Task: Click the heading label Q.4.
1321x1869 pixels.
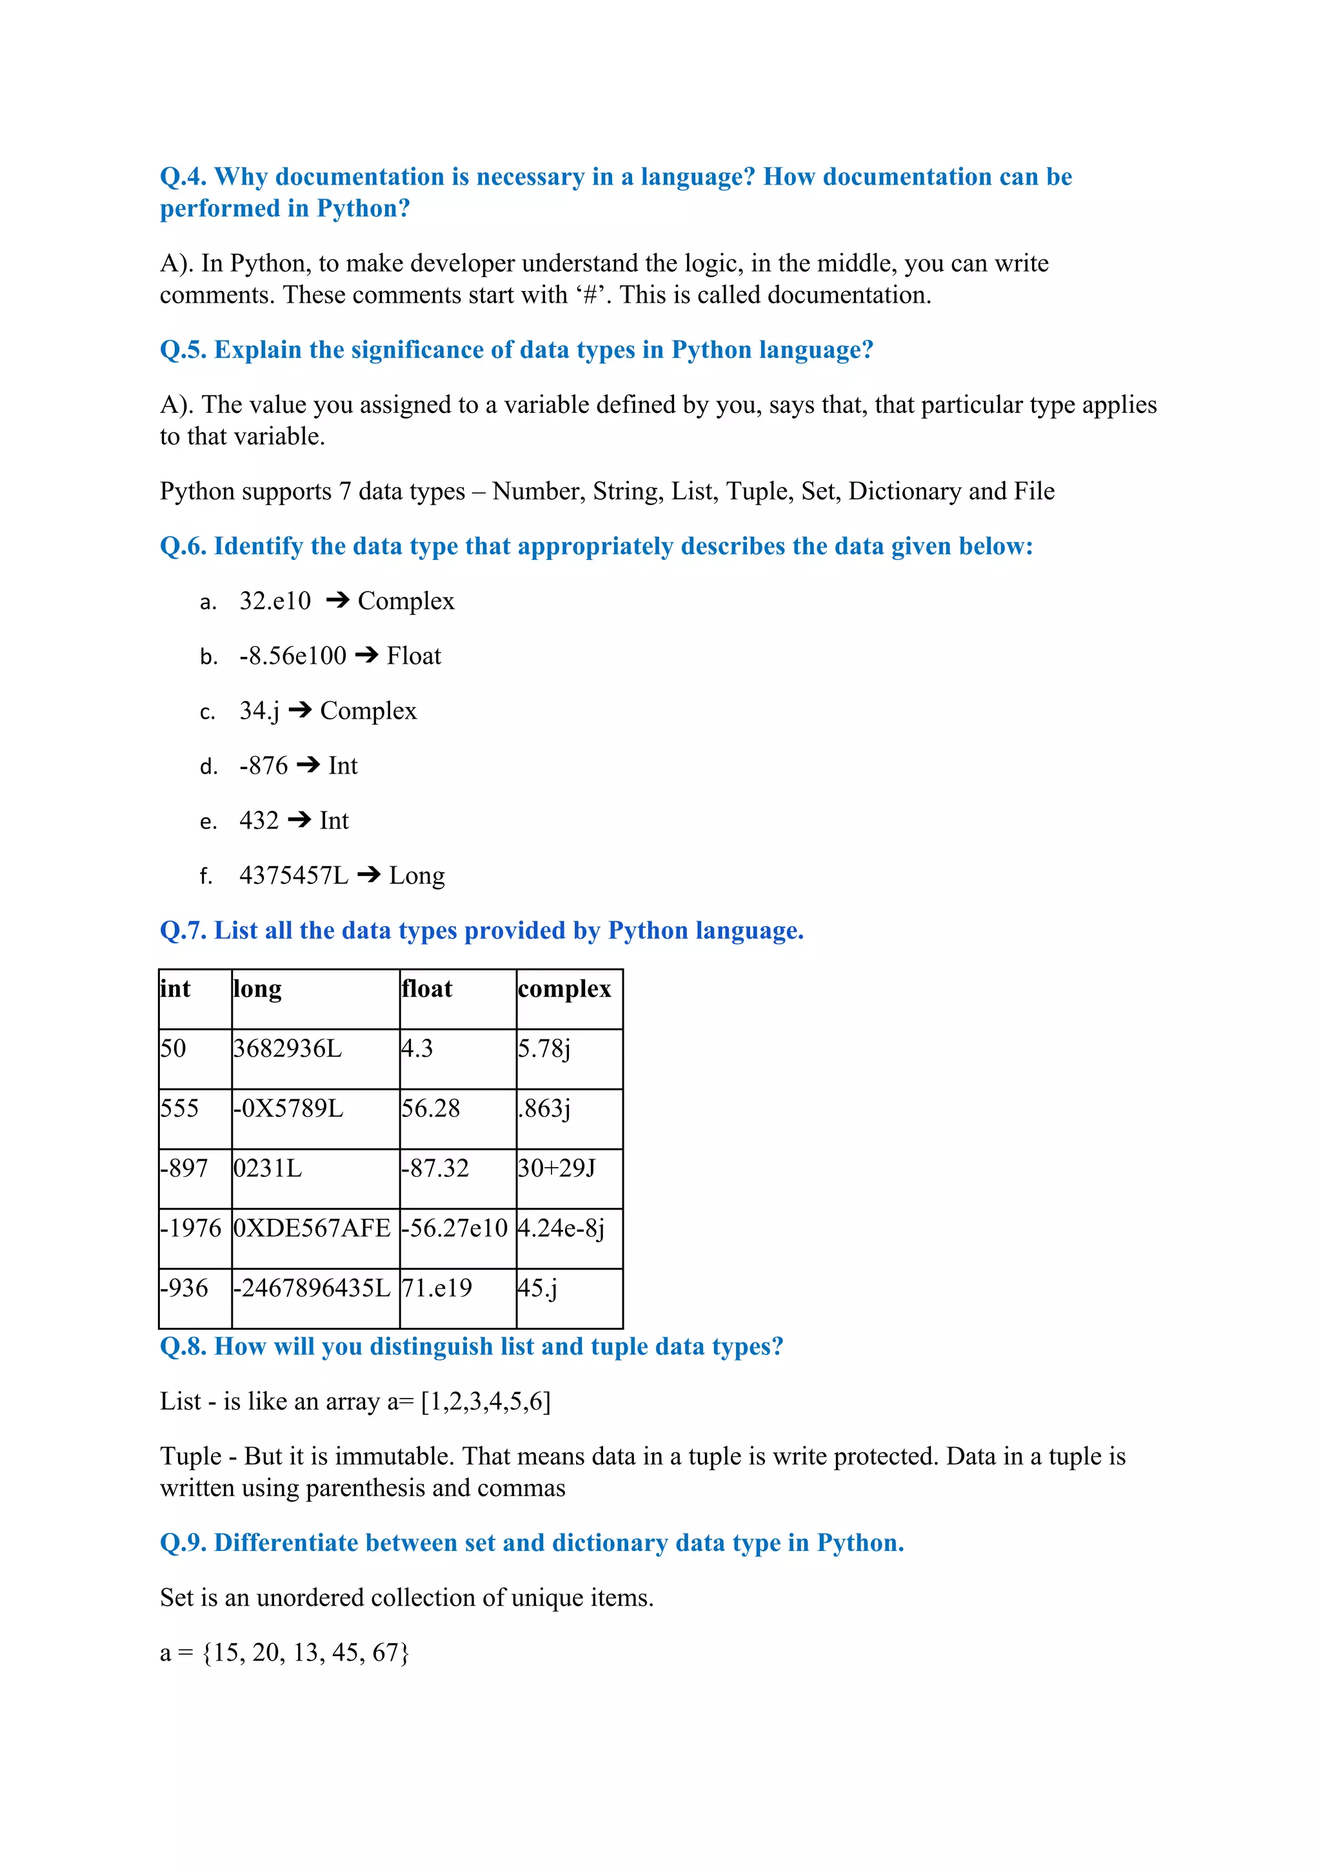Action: tap(183, 177)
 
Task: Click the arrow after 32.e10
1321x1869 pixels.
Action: tap(337, 601)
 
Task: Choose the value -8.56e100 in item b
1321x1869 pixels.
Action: tap(293, 656)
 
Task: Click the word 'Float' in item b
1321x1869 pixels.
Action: tap(413, 656)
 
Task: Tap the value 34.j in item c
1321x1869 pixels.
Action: tap(259, 711)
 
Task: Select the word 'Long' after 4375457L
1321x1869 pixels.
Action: tap(417, 876)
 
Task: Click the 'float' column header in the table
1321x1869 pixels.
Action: tap(427, 989)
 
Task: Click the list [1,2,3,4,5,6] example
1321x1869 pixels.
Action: tap(486, 1402)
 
